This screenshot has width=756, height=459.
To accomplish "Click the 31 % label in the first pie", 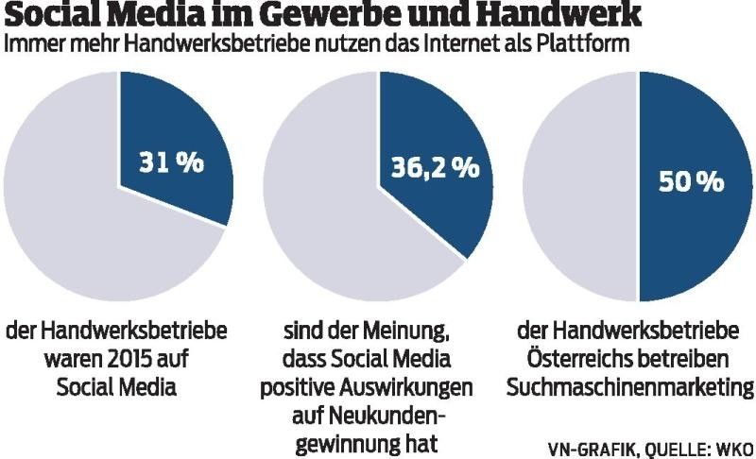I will (171, 161).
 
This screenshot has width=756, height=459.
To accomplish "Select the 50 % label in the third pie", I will (691, 179).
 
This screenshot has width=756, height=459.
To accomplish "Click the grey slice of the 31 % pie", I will (76, 217).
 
